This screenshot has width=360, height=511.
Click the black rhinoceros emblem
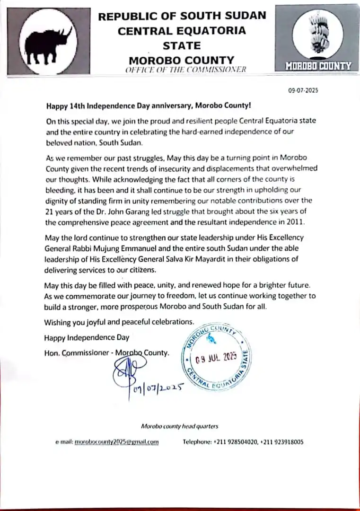point(49,45)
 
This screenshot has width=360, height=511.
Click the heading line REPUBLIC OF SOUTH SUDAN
point(182,16)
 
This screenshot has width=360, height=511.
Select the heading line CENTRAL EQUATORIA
point(182,31)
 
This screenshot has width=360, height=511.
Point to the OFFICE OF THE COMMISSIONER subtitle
point(185,70)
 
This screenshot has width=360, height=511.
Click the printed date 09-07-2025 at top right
point(303,91)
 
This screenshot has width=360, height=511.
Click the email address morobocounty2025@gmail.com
point(117,442)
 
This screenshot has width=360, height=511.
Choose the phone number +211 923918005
point(282,442)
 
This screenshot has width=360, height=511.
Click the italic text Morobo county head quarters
point(180,426)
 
